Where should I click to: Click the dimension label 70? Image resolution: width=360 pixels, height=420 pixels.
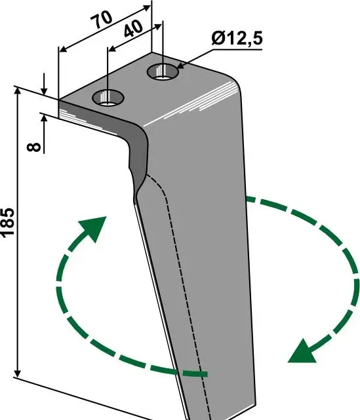(x=102, y=19)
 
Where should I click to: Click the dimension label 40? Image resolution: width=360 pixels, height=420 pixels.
(x=133, y=29)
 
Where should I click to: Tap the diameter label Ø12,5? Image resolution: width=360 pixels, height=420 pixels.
(x=237, y=39)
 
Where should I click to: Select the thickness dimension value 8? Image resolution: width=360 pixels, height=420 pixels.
(x=34, y=147)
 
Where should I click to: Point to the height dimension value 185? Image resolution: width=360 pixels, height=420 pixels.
(x=8, y=223)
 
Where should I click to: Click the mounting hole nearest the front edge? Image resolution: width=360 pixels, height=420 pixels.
(x=108, y=98)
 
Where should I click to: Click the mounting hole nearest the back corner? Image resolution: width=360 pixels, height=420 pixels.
(x=163, y=71)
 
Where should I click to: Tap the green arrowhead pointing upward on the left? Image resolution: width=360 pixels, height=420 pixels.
(x=94, y=228)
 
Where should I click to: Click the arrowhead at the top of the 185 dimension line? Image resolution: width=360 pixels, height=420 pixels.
(x=18, y=91)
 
